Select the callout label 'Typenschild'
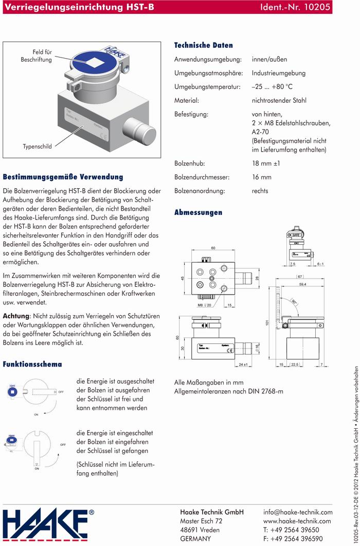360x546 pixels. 37,147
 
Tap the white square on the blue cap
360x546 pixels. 94,63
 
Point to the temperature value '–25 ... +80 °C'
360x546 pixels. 272,87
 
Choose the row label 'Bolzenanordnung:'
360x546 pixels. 200,191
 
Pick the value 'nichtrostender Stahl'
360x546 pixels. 279,100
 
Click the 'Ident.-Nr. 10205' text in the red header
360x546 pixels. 297,8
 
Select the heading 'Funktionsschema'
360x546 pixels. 32,364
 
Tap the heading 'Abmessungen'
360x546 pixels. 198,212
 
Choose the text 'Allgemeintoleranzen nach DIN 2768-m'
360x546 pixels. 229,392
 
